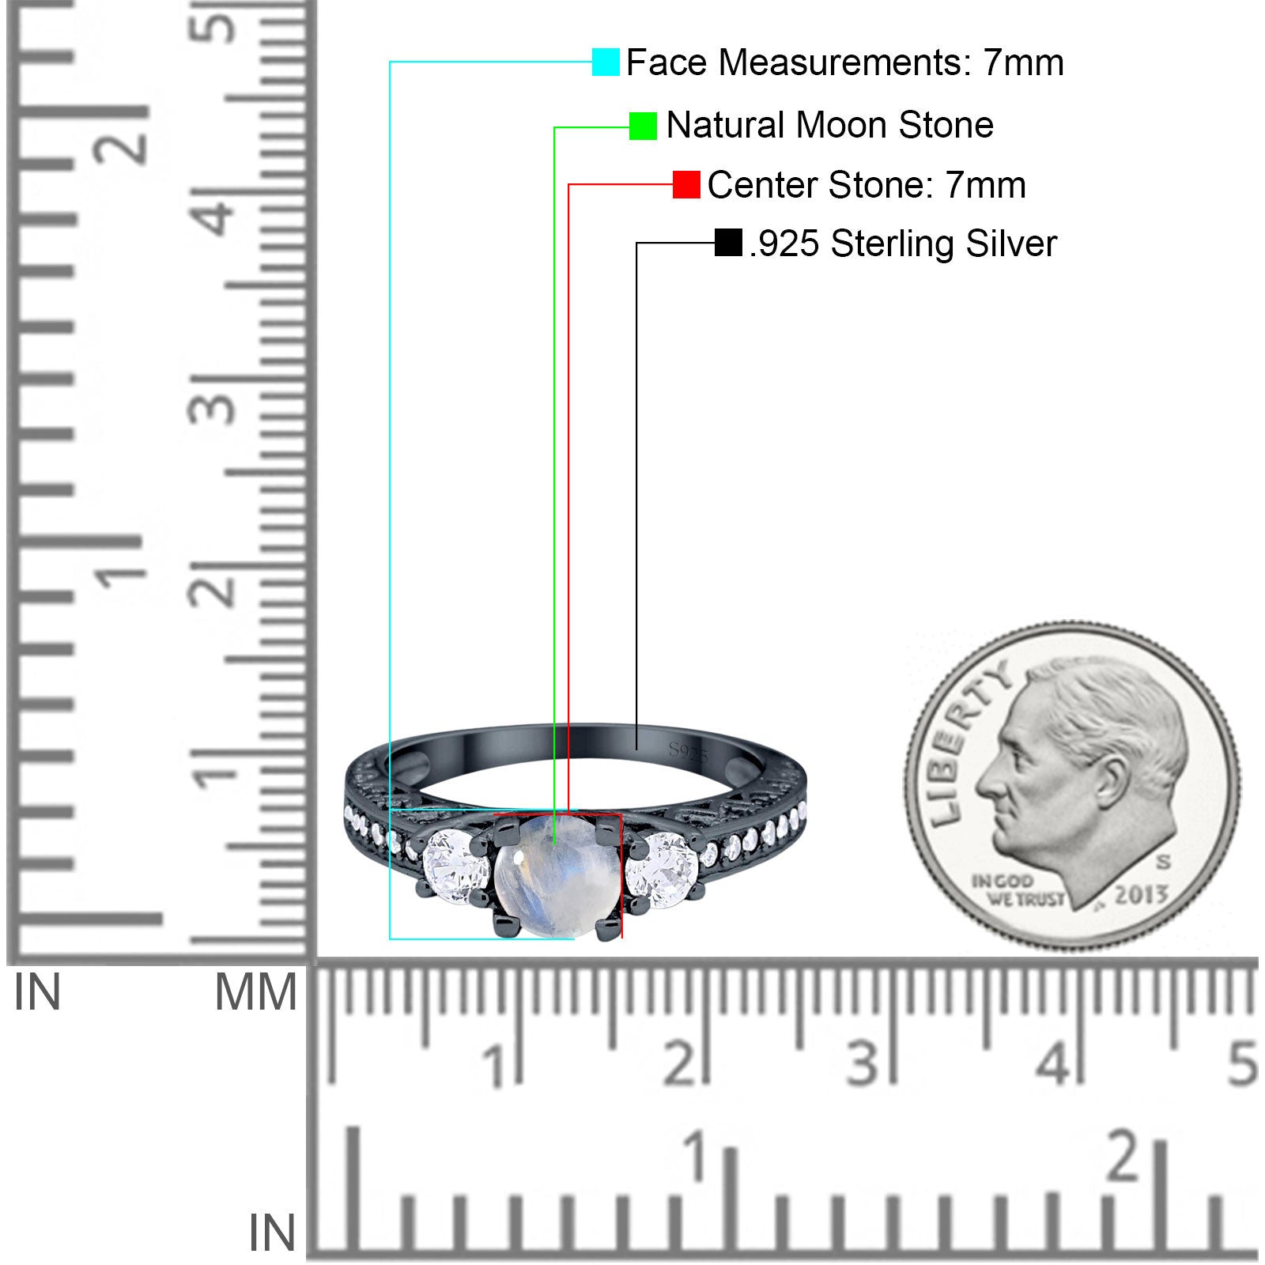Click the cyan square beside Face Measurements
606,62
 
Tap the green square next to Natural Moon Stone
643,126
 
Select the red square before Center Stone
686,185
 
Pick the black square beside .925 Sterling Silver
728,243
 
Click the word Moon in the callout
842,125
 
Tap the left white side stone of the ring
457,867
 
